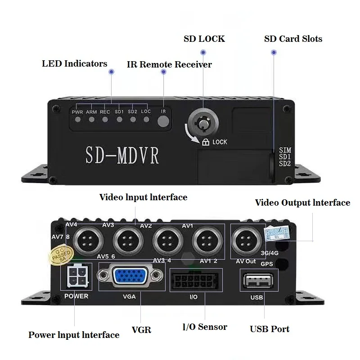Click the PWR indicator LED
point(78,120)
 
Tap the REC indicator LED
point(105,120)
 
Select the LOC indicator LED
point(146,120)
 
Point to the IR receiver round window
point(164,120)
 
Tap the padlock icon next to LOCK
point(206,142)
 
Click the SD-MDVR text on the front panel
point(122,154)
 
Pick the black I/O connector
point(196,281)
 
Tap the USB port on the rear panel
point(260,281)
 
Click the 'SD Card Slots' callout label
point(293,39)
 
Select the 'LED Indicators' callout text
point(75,63)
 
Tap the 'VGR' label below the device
point(141,330)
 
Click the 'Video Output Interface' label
point(302,203)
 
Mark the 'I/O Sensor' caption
point(205,327)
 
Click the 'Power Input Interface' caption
point(74,335)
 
